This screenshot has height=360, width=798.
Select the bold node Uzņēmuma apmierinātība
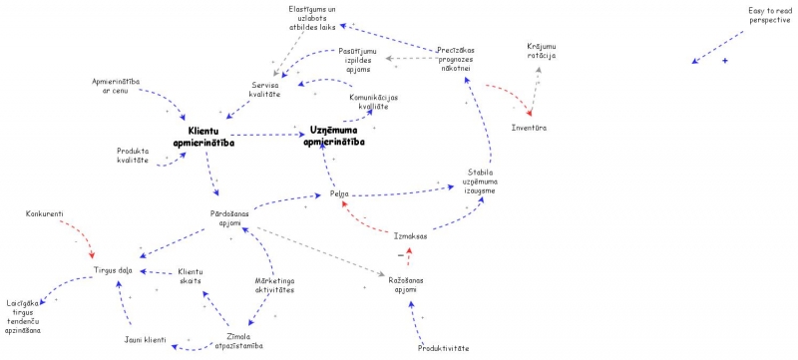[334, 137]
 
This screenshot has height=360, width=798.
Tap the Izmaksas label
[409, 235]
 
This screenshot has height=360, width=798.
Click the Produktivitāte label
[442, 348]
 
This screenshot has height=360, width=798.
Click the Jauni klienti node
[146, 339]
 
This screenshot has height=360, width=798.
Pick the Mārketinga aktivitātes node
[273, 286]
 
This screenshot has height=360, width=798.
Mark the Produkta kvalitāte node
[133, 156]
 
